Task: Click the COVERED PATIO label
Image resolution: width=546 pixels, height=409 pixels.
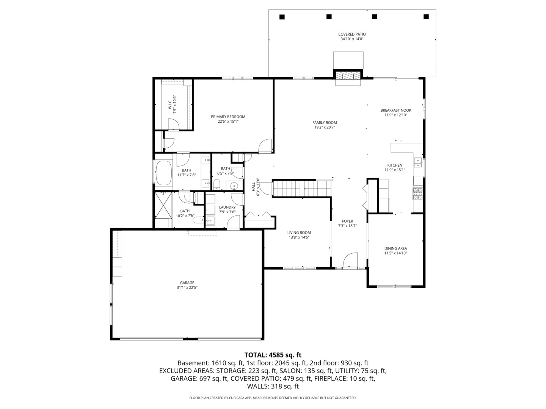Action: (x=352, y=34)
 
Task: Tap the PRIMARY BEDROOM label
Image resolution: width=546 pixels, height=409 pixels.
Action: (x=228, y=117)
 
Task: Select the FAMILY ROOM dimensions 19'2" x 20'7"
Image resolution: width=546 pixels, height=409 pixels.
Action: (x=325, y=127)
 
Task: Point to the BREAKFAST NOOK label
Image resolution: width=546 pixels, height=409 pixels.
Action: (x=395, y=110)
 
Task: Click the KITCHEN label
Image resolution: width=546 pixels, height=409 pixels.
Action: (x=395, y=165)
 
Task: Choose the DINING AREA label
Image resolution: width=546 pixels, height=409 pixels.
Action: (x=395, y=248)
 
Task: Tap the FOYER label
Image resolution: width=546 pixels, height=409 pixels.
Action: (x=347, y=221)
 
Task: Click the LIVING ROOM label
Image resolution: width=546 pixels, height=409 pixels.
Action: (x=299, y=233)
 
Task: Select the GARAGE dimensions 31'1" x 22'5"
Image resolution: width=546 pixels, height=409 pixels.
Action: (x=187, y=287)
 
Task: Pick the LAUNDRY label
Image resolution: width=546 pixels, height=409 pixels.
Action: (x=227, y=207)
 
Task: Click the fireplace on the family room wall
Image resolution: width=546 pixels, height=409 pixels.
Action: (x=348, y=75)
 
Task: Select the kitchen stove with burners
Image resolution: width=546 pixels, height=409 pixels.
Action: (x=417, y=194)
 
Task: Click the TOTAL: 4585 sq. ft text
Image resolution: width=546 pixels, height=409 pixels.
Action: (x=273, y=355)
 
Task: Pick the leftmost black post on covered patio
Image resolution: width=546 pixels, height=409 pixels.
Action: (x=282, y=17)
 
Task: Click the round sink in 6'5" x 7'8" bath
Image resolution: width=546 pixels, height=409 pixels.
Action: (x=234, y=186)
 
